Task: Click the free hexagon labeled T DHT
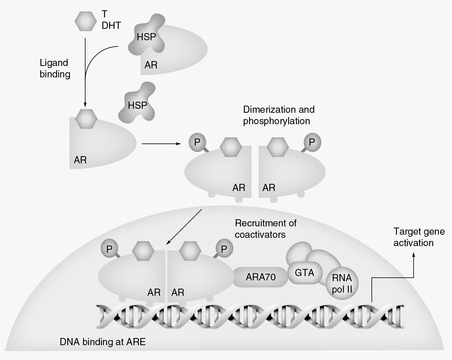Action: pyautogui.click(x=85, y=21)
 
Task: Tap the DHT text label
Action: pyautogui.click(x=111, y=26)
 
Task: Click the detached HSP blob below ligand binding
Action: pyautogui.click(x=138, y=105)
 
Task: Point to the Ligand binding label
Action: pyautogui.click(x=55, y=69)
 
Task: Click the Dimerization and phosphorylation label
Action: pyautogui.click(x=279, y=115)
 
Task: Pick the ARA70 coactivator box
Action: pyautogui.click(x=261, y=277)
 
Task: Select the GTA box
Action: pyautogui.click(x=304, y=273)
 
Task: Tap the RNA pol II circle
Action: pyautogui.click(x=342, y=284)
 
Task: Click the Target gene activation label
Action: pyautogui.click(x=419, y=237)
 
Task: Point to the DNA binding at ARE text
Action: pyautogui.click(x=102, y=342)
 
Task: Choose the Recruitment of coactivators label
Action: pyautogui.click(x=265, y=229)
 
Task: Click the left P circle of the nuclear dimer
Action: pyautogui.click(x=109, y=249)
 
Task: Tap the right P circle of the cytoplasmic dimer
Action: pyautogui.click(x=312, y=142)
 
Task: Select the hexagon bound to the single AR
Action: pyautogui.click(x=86, y=118)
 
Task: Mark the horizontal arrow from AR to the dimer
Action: pyautogui.click(x=161, y=144)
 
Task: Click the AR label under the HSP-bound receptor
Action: pyautogui.click(x=151, y=65)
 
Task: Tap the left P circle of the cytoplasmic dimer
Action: pyautogui.click(x=197, y=142)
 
